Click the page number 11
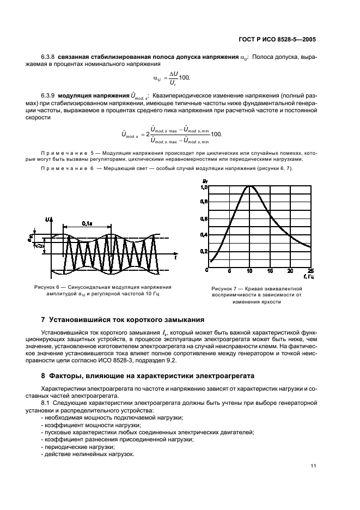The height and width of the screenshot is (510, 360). click(x=313, y=466)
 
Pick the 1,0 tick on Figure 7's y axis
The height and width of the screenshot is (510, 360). click(x=204, y=187)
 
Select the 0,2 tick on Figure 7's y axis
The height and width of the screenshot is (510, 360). click(x=204, y=251)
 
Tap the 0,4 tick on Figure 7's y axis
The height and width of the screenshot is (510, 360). click(x=204, y=235)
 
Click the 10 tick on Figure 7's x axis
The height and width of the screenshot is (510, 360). click(x=249, y=271)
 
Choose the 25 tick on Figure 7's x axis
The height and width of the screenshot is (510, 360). click(x=310, y=271)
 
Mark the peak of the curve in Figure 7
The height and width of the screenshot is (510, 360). click(x=250, y=186)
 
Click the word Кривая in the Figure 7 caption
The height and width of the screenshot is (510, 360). click(x=254, y=289)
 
